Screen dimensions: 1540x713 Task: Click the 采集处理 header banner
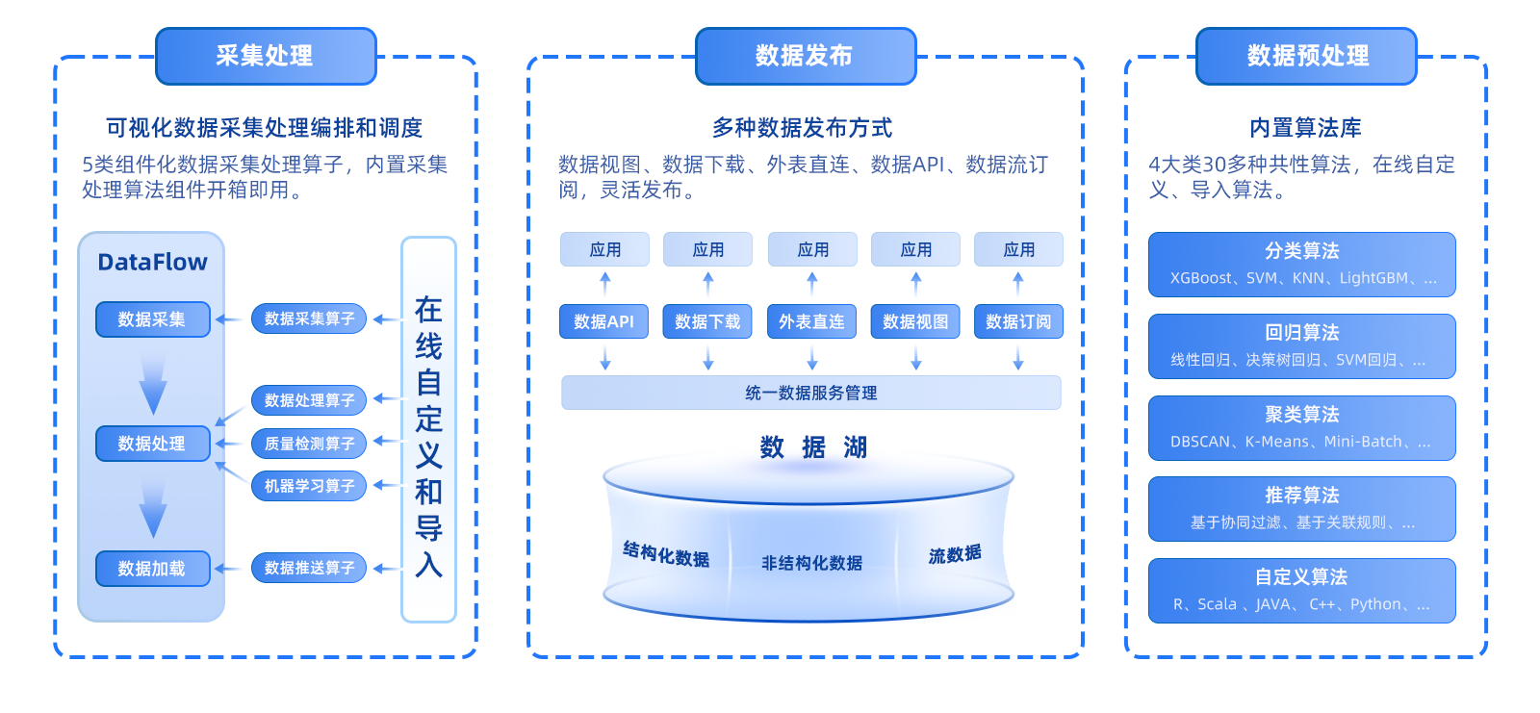point(266,57)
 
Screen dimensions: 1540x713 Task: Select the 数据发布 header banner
point(806,57)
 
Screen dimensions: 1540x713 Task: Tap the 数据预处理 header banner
point(1306,57)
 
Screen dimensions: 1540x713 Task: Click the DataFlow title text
point(153,262)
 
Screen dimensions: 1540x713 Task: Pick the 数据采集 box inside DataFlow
point(153,319)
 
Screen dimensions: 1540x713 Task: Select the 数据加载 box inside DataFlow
point(153,569)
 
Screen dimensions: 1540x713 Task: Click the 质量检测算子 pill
point(309,444)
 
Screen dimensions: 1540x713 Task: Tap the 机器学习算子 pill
point(309,486)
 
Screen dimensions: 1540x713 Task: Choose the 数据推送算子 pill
point(309,568)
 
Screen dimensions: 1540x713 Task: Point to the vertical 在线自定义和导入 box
point(429,430)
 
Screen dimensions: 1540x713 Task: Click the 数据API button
point(603,321)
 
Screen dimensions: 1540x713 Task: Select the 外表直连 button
point(812,321)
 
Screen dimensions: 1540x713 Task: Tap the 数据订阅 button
point(1019,321)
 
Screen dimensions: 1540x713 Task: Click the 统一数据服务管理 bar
point(811,393)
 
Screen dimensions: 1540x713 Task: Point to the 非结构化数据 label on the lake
point(812,563)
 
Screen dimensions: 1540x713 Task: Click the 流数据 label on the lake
point(955,554)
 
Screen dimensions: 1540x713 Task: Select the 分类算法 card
point(1302,265)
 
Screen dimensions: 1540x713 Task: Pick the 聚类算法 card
point(1302,427)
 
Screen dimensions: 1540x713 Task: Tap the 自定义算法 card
point(1302,591)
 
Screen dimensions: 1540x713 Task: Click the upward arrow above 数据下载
point(708,283)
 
